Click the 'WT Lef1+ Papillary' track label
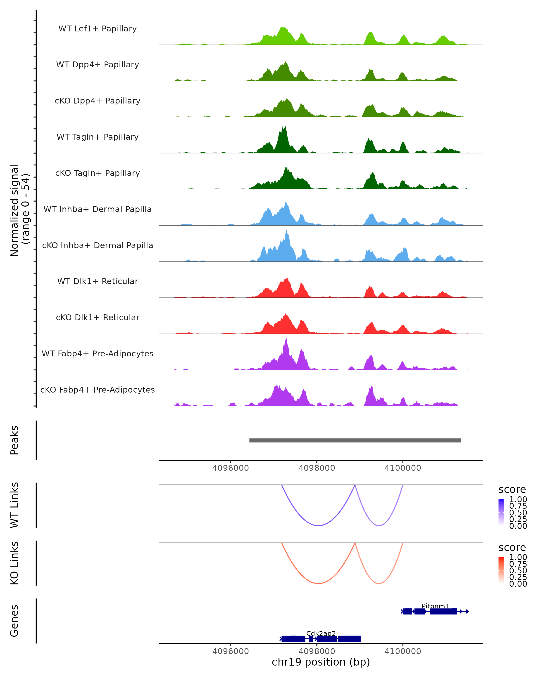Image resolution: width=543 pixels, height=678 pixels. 98,29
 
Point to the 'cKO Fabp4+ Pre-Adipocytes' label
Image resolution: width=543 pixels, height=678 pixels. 98,390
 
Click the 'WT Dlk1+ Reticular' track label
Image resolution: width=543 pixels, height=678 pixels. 98,281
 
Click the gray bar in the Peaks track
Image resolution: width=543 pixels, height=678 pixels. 355,440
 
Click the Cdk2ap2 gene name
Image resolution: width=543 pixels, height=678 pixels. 321,633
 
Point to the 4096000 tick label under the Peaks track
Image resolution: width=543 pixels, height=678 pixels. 230,468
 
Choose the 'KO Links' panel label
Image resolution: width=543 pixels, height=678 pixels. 14,563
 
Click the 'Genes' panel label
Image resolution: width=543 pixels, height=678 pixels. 14,621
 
